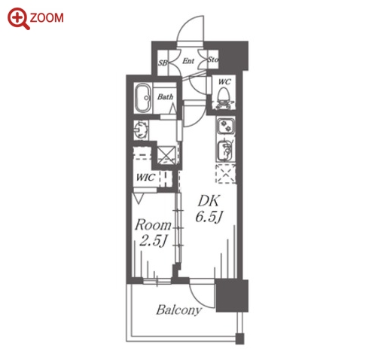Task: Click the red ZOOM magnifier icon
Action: [x=18, y=18]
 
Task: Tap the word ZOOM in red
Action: [x=47, y=18]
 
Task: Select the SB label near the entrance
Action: [x=163, y=63]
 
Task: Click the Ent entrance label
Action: [x=188, y=61]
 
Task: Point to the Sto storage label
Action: [x=213, y=59]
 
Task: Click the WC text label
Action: [x=224, y=82]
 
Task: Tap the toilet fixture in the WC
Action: [x=223, y=99]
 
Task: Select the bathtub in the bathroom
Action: [x=143, y=98]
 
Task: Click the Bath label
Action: [x=165, y=96]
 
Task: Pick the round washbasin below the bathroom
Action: [x=141, y=130]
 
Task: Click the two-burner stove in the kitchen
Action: [x=225, y=126]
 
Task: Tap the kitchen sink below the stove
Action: [x=225, y=151]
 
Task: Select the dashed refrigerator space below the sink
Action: [x=226, y=174]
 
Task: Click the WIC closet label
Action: [x=145, y=178]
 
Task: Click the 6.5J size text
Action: [x=209, y=216]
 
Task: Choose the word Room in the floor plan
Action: [x=153, y=225]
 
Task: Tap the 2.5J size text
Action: [x=153, y=241]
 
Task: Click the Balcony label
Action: [x=179, y=310]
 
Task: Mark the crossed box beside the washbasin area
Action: [x=166, y=155]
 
